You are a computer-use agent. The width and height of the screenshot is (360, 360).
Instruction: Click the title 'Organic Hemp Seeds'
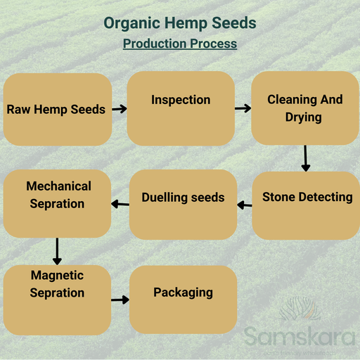pyautogui.click(x=180, y=22)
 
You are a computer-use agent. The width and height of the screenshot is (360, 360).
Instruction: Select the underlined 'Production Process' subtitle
pyautogui.click(x=180, y=44)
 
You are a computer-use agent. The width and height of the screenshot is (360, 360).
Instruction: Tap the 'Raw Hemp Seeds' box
pyautogui.click(x=57, y=109)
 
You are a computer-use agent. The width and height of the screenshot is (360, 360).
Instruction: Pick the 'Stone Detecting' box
pyautogui.click(x=307, y=205)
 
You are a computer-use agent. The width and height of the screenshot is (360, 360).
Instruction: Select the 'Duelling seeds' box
pyautogui.click(x=183, y=205)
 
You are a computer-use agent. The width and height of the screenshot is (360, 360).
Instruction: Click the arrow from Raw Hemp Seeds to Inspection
pyautogui.click(x=119, y=109)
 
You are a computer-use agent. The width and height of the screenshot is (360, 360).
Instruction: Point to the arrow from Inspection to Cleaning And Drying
pyautogui.click(x=243, y=108)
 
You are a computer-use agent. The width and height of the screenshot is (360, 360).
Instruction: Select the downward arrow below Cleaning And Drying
pyautogui.click(x=305, y=158)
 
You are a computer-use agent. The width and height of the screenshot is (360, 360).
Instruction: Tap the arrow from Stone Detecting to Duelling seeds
pyautogui.click(x=244, y=205)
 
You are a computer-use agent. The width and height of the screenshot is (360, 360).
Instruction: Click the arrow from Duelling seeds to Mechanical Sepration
pyautogui.click(x=120, y=205)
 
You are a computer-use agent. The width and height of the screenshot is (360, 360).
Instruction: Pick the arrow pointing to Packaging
pyautogui.click(x=120, y=300)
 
